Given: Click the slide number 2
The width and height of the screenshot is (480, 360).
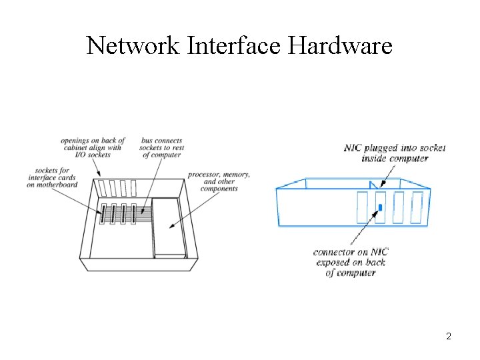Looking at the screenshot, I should coord(449,337).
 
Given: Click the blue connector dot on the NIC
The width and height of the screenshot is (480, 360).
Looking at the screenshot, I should coord(380,207).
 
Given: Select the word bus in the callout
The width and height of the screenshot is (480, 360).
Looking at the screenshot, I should coord(147,141).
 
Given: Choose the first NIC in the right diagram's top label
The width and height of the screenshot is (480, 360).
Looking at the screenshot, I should coord(353,148).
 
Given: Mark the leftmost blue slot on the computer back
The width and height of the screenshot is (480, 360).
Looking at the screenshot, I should coord(363,207).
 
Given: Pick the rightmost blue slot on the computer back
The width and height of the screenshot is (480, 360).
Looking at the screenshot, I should coord(417,207).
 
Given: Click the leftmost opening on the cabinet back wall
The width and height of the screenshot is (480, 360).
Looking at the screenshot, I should coord(101,187).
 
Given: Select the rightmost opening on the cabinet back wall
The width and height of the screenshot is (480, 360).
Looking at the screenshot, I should coord(132,187).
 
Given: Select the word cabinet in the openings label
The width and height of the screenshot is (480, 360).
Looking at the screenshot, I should coord(73,148).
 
